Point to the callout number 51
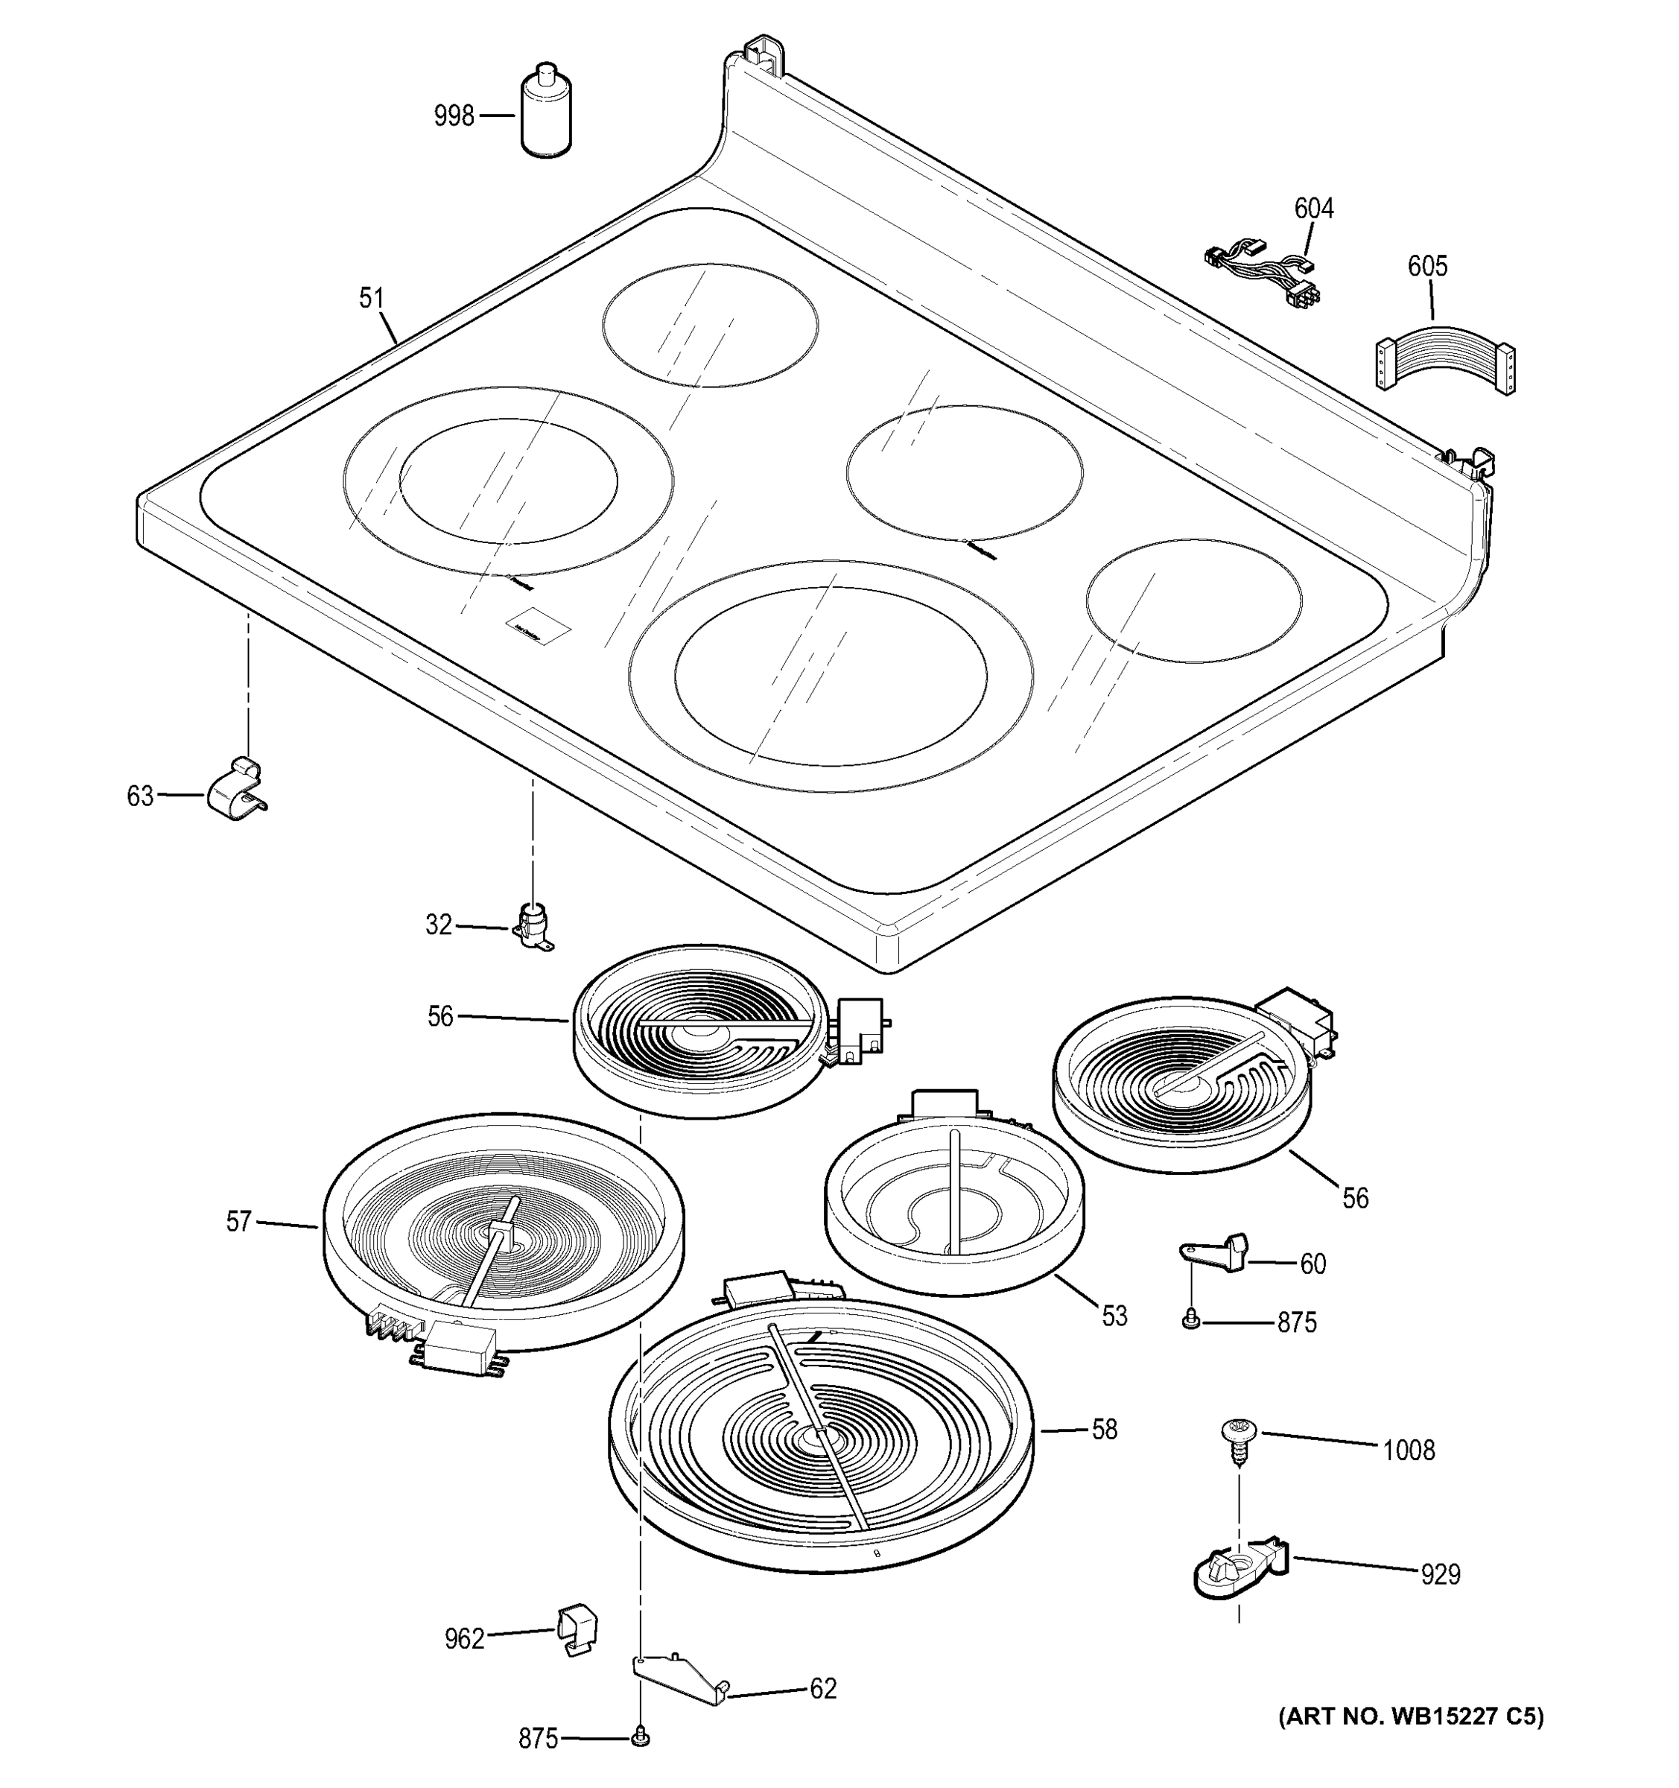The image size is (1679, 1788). pyautogui.click(x=372, y=298)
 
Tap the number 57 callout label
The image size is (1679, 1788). pyautogui.click(x=238, y=1221)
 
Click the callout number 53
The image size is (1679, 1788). pyautogui.click(x=1114, y=1316)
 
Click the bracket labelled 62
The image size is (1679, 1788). pyautogui.click(x=680, y=1680)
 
